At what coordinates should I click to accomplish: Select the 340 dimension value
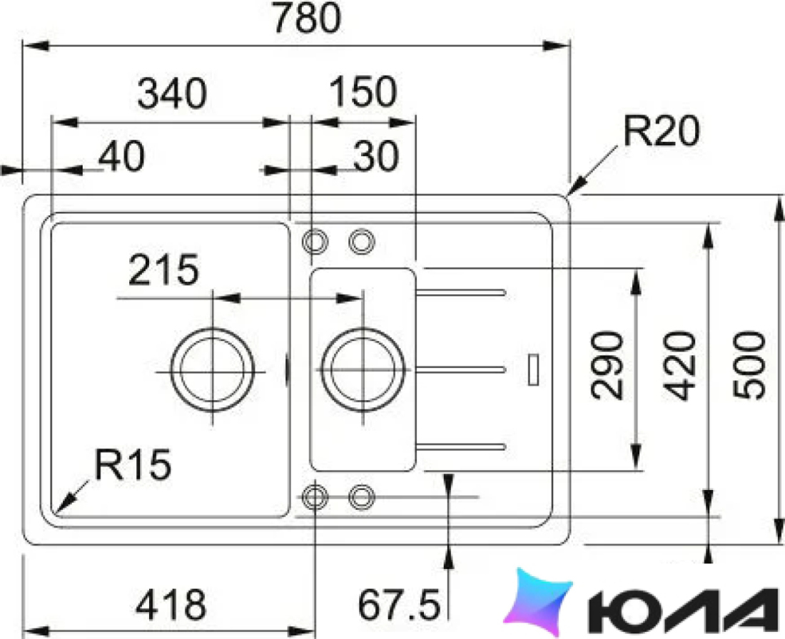[172, 93]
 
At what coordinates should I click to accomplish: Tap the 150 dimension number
[363, 92]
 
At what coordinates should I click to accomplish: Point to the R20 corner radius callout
[661, 131]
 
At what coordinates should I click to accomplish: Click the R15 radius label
[133, 464]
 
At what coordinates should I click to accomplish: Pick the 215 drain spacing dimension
[163, 270]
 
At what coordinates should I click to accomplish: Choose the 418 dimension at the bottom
[171, 604]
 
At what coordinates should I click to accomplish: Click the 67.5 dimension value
[399, 604]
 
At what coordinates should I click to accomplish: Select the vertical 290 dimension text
[607, 366]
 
